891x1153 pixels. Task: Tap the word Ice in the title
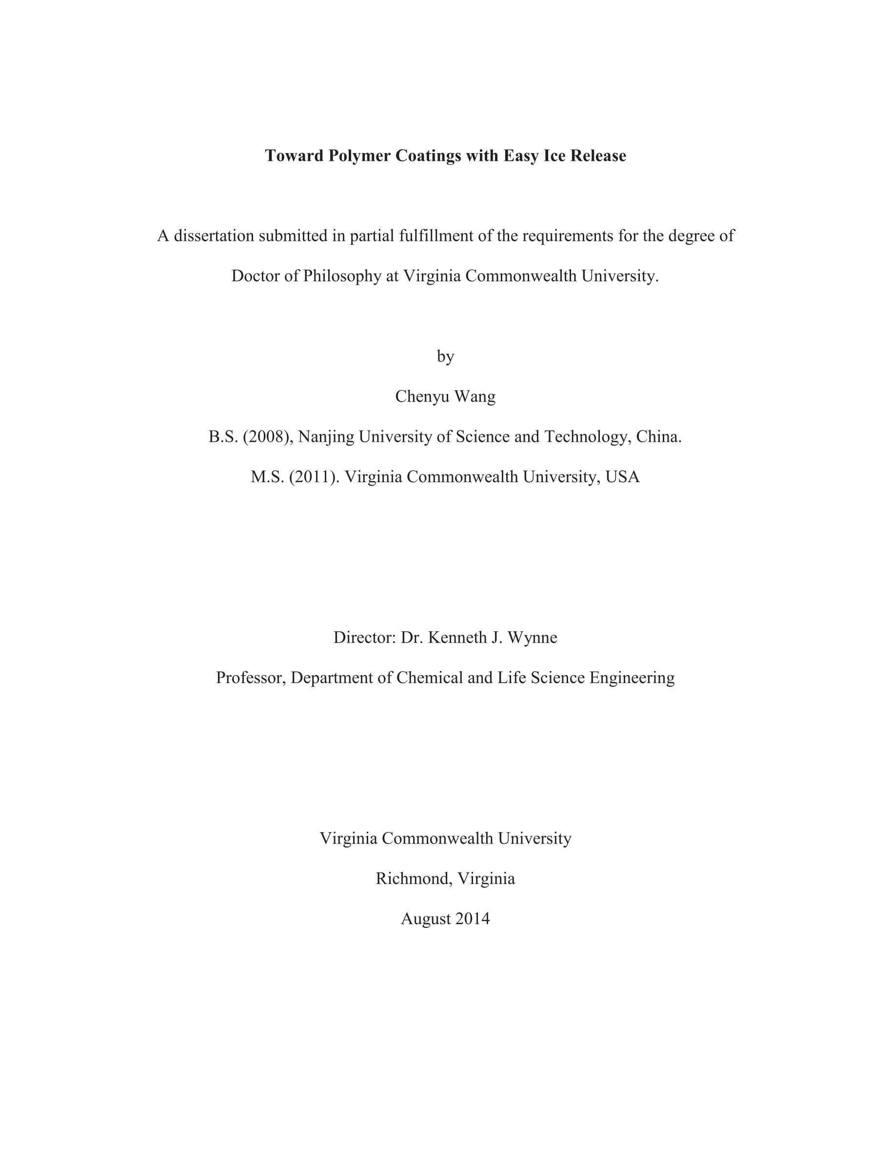point(554,156)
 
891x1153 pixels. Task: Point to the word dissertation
point(215,235)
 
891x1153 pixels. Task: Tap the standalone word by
point(445,356)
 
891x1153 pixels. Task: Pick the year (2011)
point(314,477)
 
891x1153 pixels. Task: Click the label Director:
point(364,637)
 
